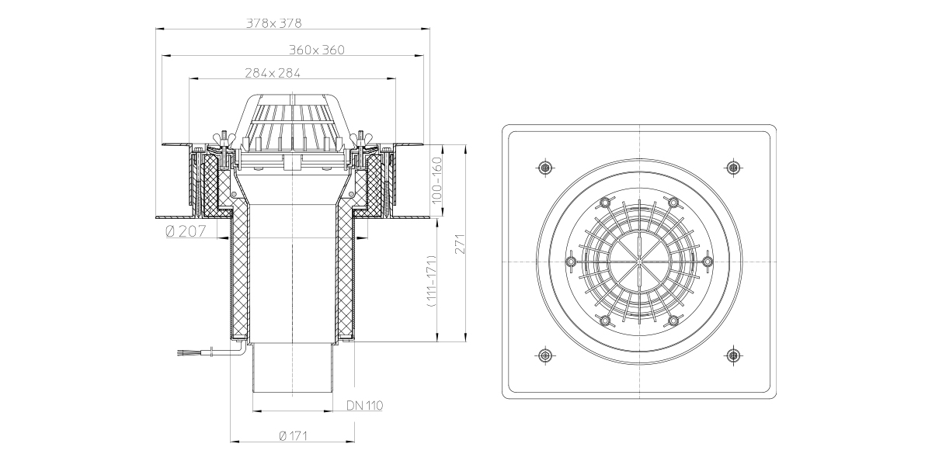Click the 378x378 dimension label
[273, 23]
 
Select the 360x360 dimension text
[317, 50]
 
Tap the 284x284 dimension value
[272, 73]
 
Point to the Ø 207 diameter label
[186, 231]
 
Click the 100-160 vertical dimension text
[436, 180]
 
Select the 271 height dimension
[459, 244]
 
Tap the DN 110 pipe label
[364, 405]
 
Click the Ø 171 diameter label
[293, 435]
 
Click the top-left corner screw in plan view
[545, 168]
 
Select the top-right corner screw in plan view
[733, 168]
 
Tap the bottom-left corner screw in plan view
[545, 355]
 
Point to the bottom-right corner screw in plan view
[733, 355]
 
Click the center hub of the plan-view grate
[639, 262]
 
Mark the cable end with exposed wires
[183, 353]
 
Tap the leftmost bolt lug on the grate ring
[572, 262]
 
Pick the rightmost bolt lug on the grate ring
[708, 262]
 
